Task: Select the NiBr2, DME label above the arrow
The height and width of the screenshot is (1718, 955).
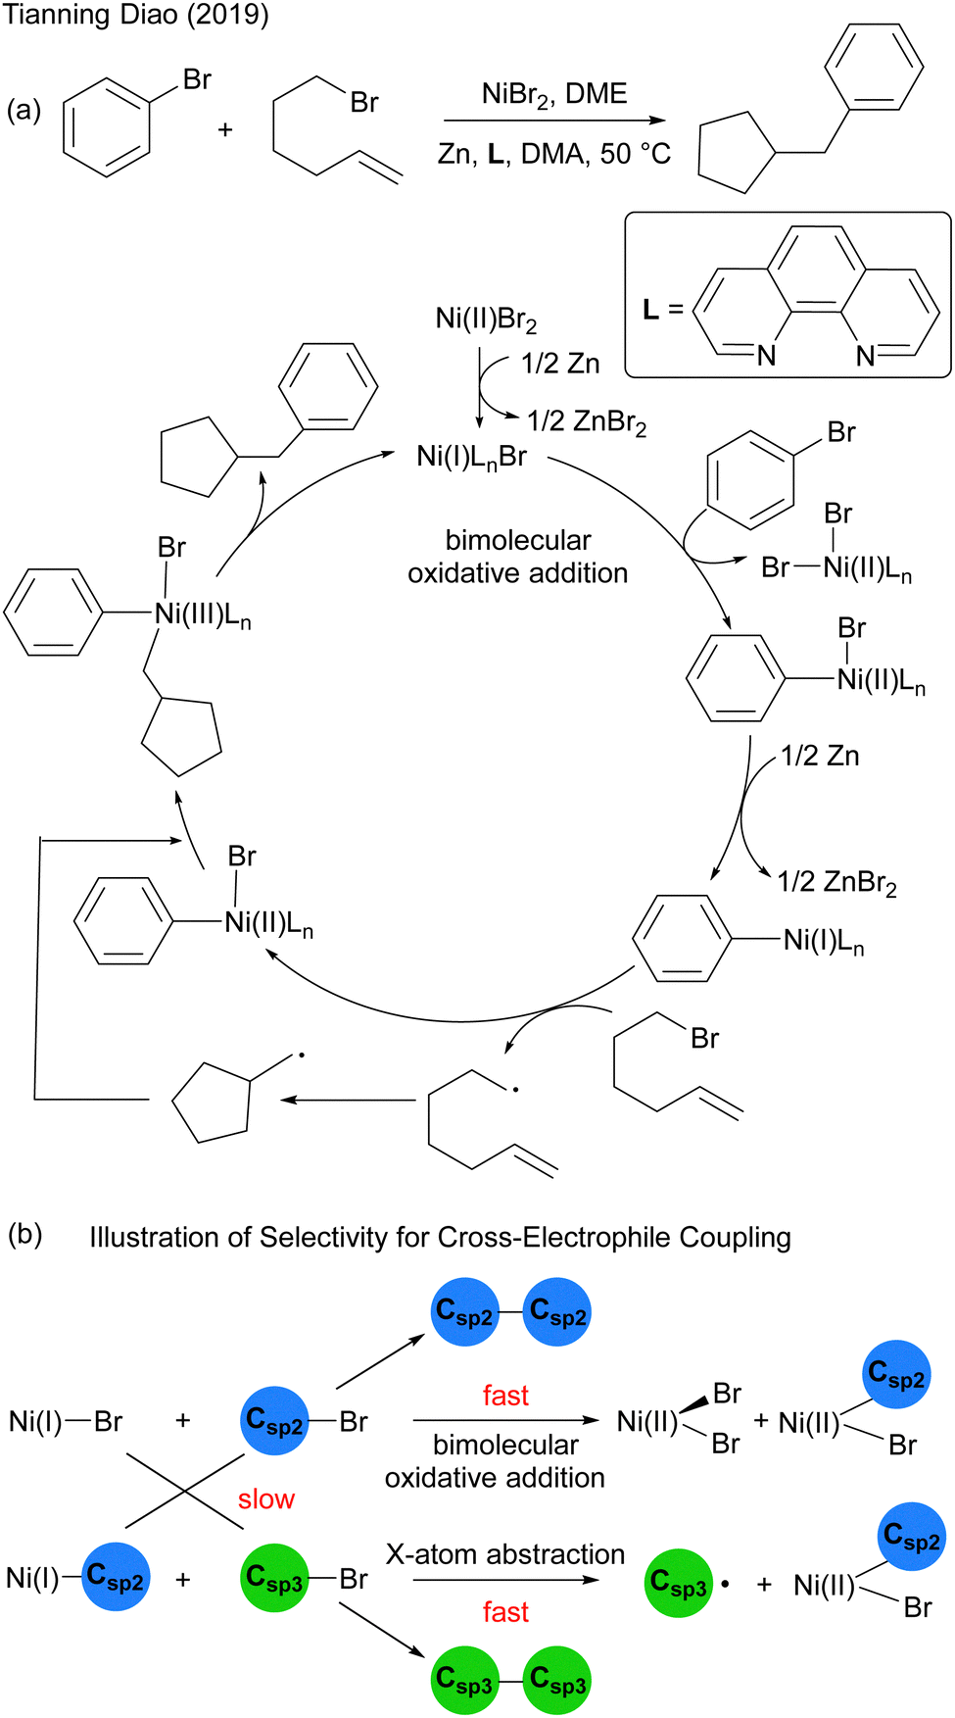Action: [553, 94]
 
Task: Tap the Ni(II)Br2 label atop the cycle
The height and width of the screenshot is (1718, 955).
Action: [486, 319]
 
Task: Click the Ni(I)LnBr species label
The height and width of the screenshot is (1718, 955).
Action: [472, 457]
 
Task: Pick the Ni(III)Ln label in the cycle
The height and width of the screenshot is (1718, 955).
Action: [203, 614]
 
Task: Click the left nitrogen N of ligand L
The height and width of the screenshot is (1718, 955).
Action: [766, 356]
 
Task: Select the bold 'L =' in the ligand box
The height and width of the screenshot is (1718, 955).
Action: [662, 310]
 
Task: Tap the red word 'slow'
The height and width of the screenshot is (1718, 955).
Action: [265, 1498]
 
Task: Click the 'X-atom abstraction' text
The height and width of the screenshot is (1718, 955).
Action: [505, 1554]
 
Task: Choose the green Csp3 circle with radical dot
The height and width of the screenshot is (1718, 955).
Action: [679, 1583]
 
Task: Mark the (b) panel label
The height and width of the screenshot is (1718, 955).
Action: [24, 1234]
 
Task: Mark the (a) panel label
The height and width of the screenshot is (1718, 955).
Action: [24, 110]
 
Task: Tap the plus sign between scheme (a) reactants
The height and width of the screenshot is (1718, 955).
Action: [225, 129]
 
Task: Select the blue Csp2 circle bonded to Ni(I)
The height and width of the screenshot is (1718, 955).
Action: [116, 1577]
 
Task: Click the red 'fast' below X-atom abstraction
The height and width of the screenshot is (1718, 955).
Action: [505, 1611]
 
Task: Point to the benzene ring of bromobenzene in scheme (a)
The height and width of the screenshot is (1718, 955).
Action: [107, 128]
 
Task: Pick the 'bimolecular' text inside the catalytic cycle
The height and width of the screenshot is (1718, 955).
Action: [518, 540]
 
